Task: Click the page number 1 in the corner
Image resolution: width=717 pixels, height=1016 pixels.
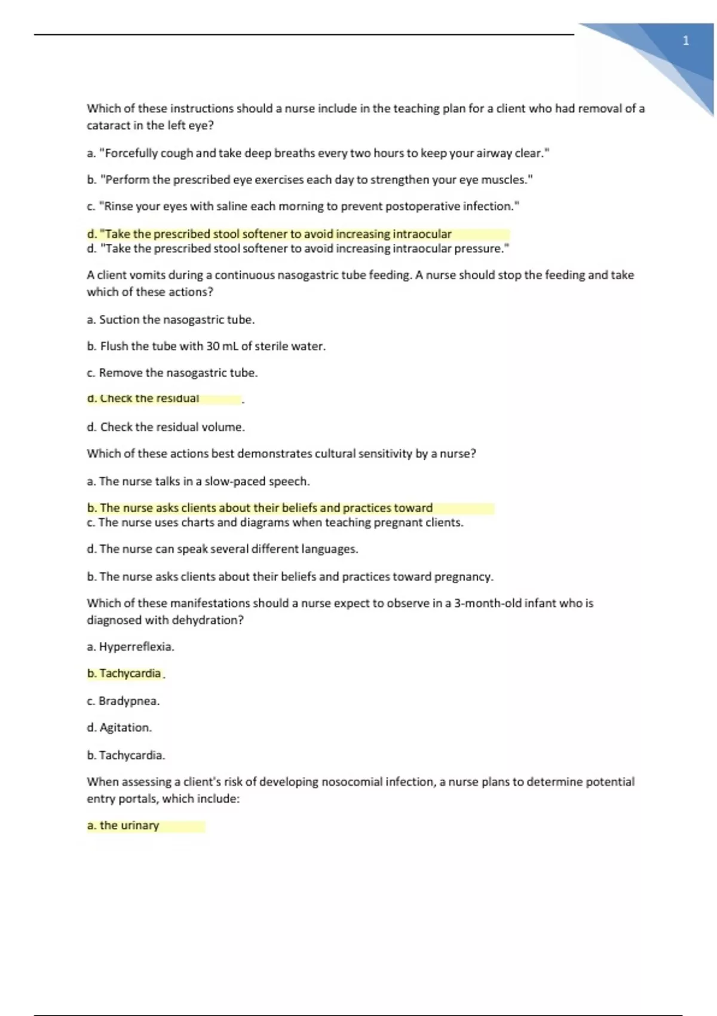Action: click(686, 41)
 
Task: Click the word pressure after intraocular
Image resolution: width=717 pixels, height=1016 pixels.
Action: click(481, 249)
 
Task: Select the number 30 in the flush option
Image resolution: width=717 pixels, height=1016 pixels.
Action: click(213, 346)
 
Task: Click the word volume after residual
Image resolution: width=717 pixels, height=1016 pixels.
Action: click(223, 427)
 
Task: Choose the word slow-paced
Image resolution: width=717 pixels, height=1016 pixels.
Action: click(235, 481)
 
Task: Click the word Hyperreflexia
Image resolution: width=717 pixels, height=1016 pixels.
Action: click(136, 647)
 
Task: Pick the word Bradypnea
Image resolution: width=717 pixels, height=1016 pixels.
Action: click(128, 701)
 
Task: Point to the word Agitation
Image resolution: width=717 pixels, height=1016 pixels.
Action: click(125, 727)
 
